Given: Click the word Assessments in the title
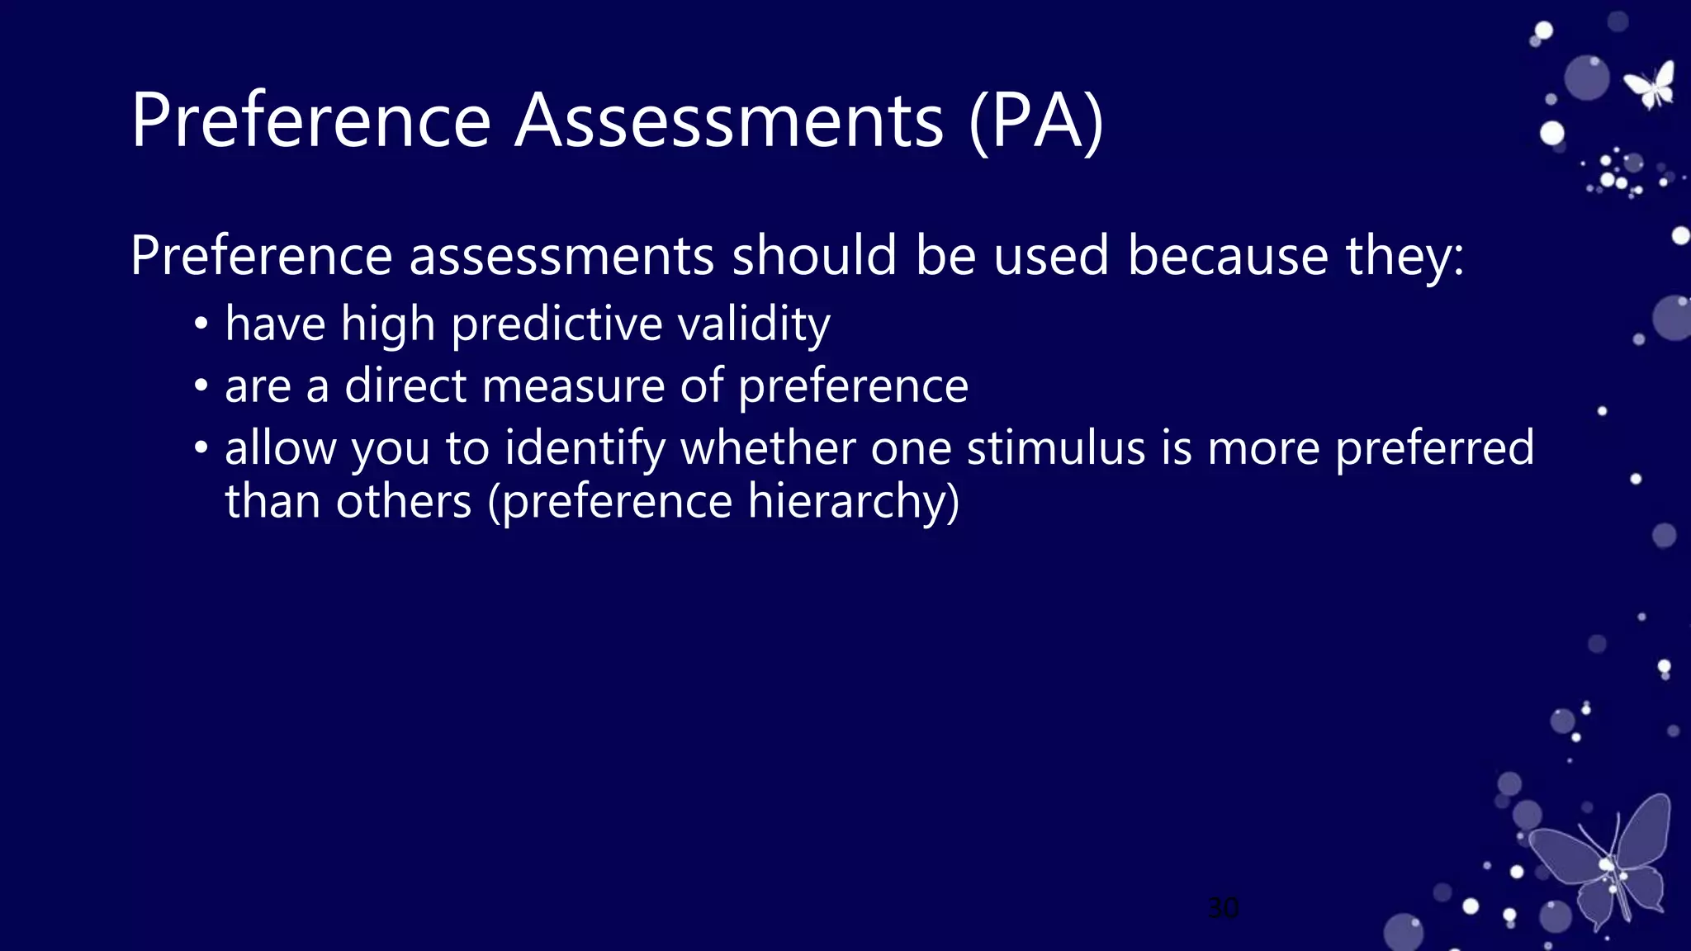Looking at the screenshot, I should pos(729,121).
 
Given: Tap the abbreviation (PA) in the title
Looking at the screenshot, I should pos(1036,122).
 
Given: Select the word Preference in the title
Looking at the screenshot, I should pos(311,121).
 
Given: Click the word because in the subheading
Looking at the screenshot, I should pos(1228,255).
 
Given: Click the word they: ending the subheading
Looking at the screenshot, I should pos(1404,257).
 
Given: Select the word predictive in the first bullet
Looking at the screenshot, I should pos(557,324).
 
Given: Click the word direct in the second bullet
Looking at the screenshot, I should pos(405,386).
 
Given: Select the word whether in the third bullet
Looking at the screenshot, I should pos(767,448).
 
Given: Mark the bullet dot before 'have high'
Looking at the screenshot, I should pos(201,324).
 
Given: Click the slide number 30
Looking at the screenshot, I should pos(1223,908).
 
